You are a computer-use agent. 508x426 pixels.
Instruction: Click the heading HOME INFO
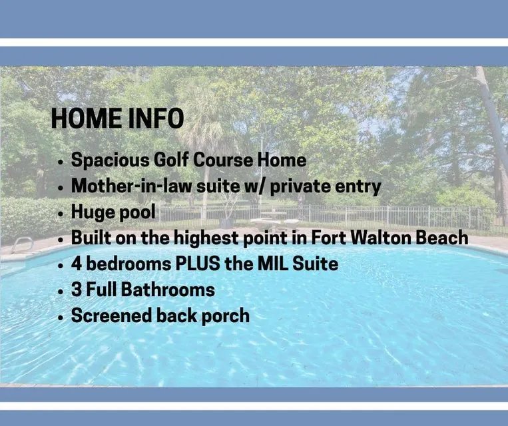pyautogui.click(x=118, y=118)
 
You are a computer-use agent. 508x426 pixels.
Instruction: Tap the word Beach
pyautogui.click(x=442, y=238)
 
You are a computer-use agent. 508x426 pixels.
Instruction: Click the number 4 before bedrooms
pyautogui.click(x=77, y=264)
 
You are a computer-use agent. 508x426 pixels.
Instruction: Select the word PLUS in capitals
pyautogui.click(x=198, y=264)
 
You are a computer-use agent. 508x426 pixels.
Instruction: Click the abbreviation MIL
pyautogui.click(x=273, y=264)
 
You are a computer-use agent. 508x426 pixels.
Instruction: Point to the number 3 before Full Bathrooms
pyautogui.click(x=77, y=290)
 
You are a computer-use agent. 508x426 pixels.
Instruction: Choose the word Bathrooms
pyautogui.click(x=168, y=290)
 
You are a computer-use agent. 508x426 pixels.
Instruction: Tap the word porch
pyautogui.click(x=226, y=316)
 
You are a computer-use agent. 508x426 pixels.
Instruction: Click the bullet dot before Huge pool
pyautogui.click(x=61, y=214)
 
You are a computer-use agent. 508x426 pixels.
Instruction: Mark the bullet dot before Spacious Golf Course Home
pyautogui.click(x=61, y=162)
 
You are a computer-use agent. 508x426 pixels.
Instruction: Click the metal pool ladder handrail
pyautogui.click(x=22, y=244)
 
